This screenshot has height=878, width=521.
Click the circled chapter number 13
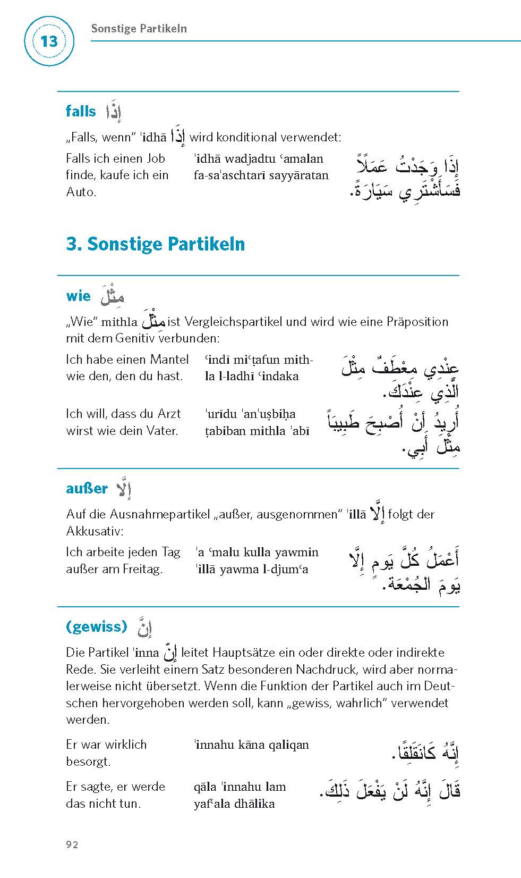(x=48, y=41)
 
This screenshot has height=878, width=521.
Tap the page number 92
(x=72, y=844)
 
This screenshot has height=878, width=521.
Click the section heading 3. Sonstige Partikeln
(x=155, y=244)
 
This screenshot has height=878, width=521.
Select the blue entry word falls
(x=81, y=111)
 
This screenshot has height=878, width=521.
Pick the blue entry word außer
(x=87, y=488)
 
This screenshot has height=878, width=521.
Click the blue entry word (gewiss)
(x=97, y=626)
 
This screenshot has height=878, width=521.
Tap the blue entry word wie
(x=78, y=296)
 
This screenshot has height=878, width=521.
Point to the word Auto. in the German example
(x=81, y=192)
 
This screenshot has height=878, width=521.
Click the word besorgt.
(x=88, y=762)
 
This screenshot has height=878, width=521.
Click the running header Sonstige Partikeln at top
(x=139, y=29)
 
